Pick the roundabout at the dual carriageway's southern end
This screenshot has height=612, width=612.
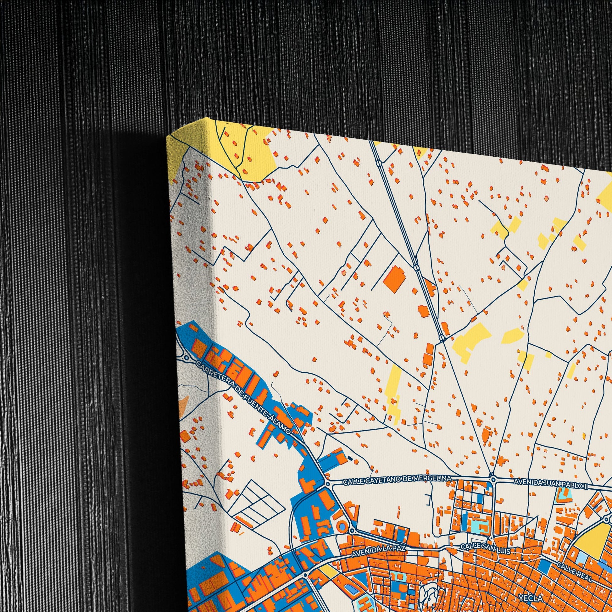pyautogui.click(x=442, y=338)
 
